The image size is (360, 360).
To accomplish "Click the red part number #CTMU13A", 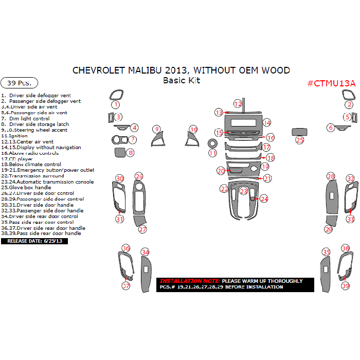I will click(331, 83).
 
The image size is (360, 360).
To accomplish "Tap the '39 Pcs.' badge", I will click(20, 83).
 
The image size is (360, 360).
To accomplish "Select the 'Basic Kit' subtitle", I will click(181, 80).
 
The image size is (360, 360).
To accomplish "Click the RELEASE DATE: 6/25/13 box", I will click(35, 241).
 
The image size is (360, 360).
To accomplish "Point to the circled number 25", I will click(300, 139).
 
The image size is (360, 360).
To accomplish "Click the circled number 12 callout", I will click(238, 103).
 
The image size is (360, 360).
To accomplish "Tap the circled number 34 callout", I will click(146, 252).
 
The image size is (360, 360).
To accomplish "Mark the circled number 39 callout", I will click(346, 286).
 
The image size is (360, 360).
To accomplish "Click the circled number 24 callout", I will click(264, 199).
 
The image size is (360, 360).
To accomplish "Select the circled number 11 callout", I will click(212, 153).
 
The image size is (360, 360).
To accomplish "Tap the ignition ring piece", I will click(212, 143).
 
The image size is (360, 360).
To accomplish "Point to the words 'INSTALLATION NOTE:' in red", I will click(190, 281).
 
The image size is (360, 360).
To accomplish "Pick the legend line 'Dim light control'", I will click(29, 119).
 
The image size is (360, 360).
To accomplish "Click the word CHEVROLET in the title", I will click(97, 70).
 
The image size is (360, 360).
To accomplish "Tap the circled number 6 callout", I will click(331, 127).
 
